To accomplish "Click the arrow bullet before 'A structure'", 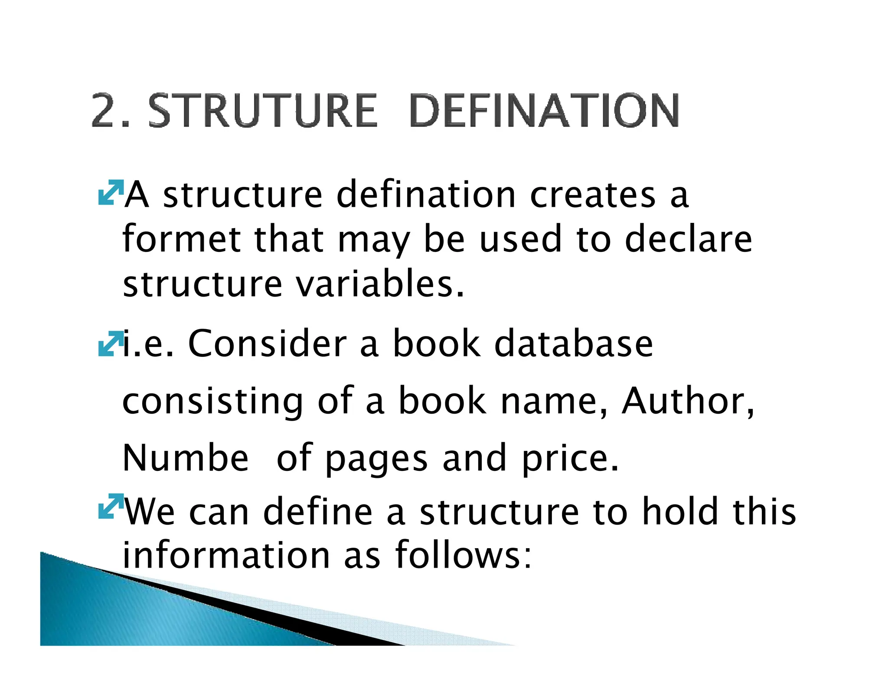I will pyautogui.click(x=110, y=192).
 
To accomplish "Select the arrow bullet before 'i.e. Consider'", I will pyautogui.click(x=110, y=344).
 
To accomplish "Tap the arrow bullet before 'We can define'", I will pyautogui.click(x=110, y=506).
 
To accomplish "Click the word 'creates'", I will pyautogui.click(x=592, y=195).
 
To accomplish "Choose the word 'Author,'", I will pyautogui.click(x=688, y=401).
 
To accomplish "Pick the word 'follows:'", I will pyautogui.click(x=463, y=555).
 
